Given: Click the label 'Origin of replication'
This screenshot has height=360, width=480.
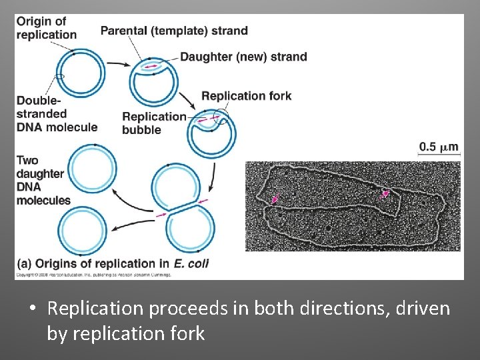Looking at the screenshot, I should pos(47,28).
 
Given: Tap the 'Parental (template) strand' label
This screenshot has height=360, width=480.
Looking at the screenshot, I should pos(173,31).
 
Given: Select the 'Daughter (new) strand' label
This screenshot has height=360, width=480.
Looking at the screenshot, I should pos(243,57).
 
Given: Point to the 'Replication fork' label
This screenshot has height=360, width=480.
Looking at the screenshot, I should pos(246,96).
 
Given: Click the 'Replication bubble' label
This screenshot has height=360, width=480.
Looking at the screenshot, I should pos(154,123).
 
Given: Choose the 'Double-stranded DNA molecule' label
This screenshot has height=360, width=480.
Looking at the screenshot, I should pos(57,114).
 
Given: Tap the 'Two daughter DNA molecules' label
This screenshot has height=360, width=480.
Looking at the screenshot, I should pos(43,180).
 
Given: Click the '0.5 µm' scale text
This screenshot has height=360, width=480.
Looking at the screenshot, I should pos(439,147).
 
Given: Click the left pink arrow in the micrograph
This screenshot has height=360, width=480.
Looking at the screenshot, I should pos(275,199).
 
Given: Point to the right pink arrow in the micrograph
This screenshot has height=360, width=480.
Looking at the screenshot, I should pos(383,194).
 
